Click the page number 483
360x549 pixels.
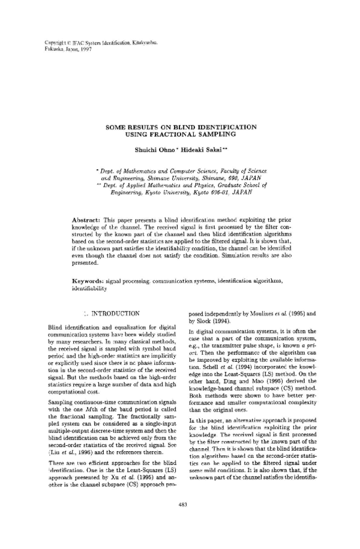tap(180, 504)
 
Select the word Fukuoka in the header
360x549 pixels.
tap(54, 49)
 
